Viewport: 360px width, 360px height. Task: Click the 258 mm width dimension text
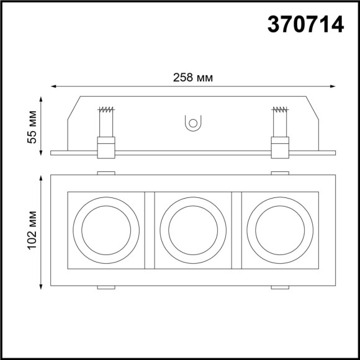(192, 78)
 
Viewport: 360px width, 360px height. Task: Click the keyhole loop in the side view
(192, 124)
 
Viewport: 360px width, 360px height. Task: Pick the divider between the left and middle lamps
(149, 230)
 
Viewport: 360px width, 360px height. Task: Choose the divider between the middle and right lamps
(236, 230)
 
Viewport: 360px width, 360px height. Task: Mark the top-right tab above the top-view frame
(280, 173)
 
